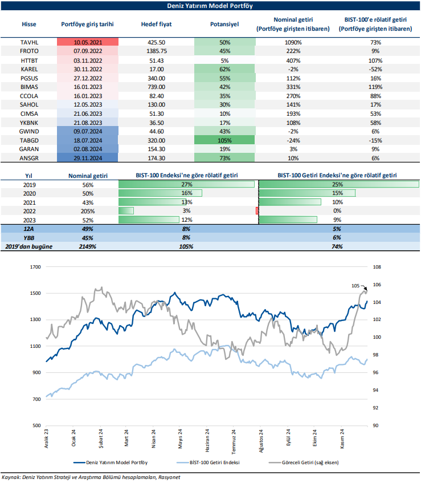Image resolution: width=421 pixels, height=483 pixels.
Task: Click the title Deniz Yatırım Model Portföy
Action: (210, 6)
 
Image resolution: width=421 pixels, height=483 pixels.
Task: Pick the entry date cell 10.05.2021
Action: (88, 42)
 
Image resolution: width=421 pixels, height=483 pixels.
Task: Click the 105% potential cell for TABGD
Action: (224, 139)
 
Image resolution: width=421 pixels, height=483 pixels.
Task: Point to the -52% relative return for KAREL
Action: (375, 68)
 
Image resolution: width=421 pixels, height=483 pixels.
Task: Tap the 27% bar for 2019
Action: (186, 185)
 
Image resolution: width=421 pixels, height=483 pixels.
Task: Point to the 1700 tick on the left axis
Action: (36, 266)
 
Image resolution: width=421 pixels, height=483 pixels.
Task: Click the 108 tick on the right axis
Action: (376, 266)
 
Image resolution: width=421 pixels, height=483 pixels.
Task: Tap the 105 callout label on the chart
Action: (356, 285)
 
